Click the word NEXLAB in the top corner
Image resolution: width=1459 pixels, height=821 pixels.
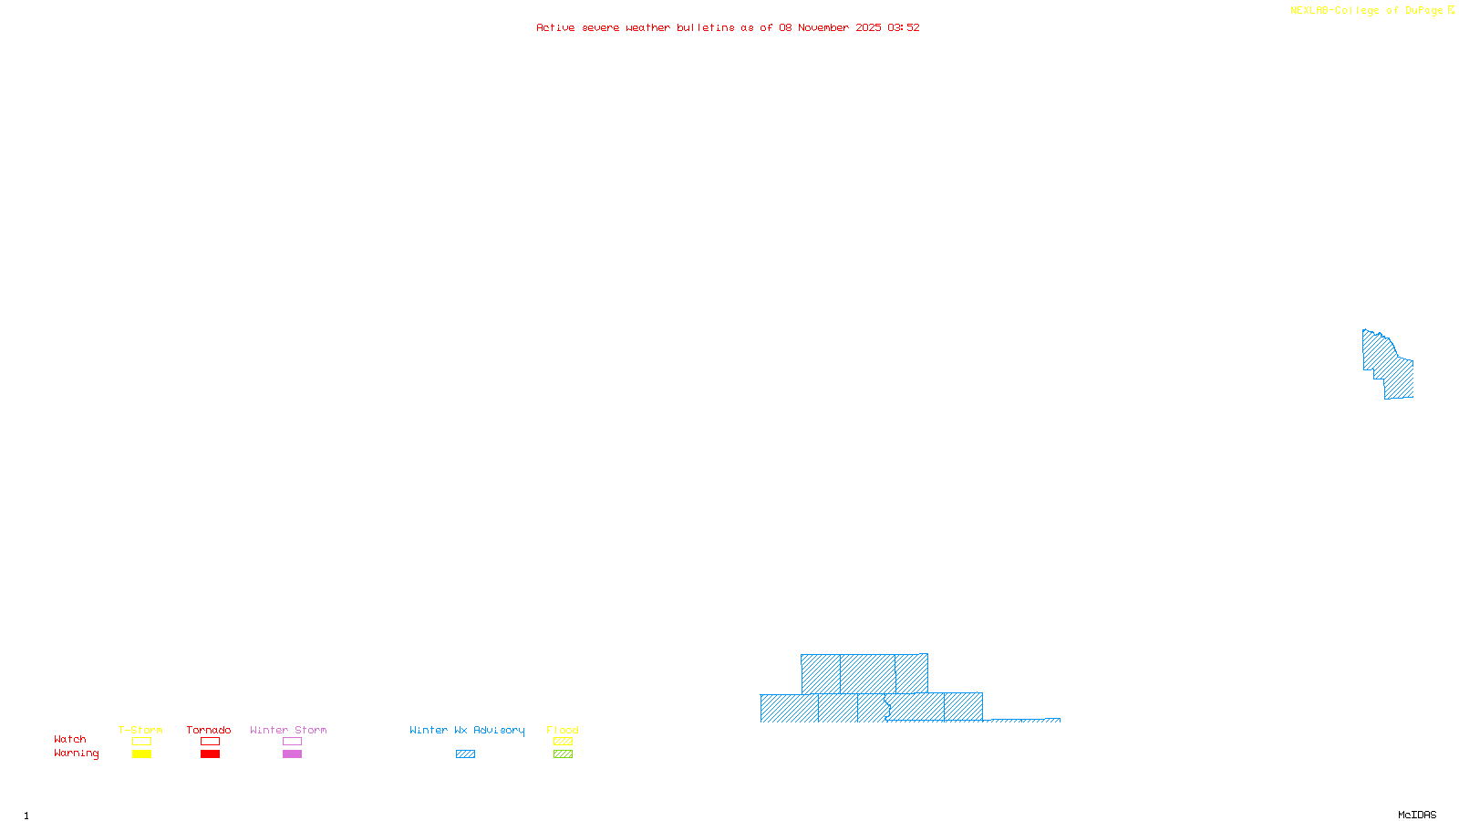1309,11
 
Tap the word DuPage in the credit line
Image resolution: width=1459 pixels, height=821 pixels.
1423,11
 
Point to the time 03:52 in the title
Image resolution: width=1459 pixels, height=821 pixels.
903,27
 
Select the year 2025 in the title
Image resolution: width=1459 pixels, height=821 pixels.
868,27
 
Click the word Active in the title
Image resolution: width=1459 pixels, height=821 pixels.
555,27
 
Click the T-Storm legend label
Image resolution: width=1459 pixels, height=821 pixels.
140,730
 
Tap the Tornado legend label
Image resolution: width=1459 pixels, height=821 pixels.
209,730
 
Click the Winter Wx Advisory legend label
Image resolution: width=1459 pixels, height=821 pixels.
467,730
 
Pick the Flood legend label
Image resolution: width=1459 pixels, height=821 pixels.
563,730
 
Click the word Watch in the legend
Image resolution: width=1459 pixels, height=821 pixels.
70,739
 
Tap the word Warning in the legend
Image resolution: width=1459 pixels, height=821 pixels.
77,753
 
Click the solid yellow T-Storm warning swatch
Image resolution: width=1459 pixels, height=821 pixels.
141,754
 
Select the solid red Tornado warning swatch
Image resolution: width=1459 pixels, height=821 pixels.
210,754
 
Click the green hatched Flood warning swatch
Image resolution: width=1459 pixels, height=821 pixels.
563,754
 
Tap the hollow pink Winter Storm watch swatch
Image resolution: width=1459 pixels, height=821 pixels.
292,742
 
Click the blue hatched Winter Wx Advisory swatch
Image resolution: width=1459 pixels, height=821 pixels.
465,754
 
